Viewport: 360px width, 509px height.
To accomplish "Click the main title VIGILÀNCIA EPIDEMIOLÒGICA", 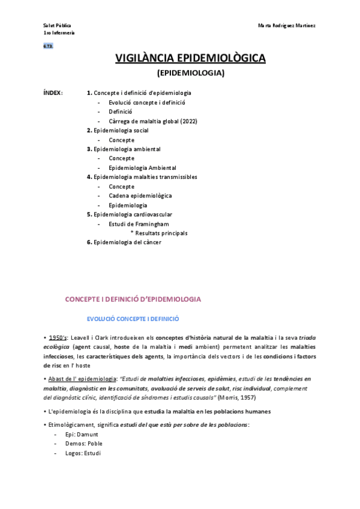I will (190, 58).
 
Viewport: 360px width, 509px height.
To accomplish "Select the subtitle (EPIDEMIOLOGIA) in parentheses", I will (190, 73).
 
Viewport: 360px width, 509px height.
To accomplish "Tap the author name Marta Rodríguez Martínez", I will (287, 26).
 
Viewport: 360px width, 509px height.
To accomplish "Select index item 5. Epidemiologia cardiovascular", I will (129, 214).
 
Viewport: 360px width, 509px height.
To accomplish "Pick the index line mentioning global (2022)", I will (152, 121).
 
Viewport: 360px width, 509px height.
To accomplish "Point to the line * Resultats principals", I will (159, 233).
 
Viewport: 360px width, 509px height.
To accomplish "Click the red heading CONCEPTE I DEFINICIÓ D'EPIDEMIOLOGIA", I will (133, 299).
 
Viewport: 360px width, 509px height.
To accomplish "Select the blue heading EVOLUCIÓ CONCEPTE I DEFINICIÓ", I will (133, 319).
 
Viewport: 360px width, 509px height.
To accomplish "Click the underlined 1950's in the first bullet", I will (58, 338).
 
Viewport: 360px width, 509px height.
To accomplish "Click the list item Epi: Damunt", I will (82, 434).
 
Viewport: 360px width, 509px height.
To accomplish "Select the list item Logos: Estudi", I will (83, 453).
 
